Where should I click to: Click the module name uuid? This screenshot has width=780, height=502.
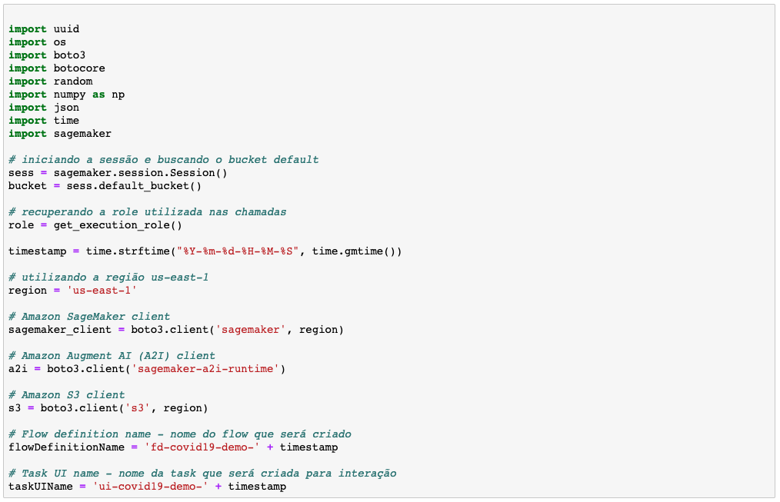pos(66,29)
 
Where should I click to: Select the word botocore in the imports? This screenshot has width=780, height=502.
pos(79,68)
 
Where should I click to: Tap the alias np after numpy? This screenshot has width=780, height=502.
pos(118,95)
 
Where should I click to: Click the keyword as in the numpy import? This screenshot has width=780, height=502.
pos(98,95)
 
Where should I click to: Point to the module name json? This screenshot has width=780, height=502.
pos(66,108)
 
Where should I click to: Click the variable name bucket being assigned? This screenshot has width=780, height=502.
pos(28,186)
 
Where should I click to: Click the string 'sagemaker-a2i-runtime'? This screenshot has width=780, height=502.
pos(205,369)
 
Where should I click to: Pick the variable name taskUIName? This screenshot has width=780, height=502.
pos(41,487)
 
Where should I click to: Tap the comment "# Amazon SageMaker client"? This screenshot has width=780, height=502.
pos(89,317)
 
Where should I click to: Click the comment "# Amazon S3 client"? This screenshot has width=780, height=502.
pos(66,395)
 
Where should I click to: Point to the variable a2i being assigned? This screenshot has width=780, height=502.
pos(18,369)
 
